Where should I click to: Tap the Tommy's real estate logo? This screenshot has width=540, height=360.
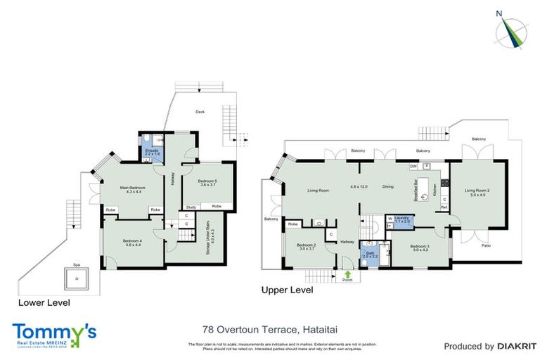54,334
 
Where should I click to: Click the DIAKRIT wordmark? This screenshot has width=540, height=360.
518,346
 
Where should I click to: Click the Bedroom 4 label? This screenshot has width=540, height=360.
133,242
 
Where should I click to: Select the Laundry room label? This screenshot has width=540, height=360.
401,220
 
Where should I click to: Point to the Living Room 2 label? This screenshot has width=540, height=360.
476,191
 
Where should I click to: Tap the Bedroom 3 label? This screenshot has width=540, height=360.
420,248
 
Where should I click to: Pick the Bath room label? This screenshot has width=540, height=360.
370,255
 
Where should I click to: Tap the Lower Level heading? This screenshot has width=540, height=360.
44,302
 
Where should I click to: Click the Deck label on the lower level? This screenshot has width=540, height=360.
200,111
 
